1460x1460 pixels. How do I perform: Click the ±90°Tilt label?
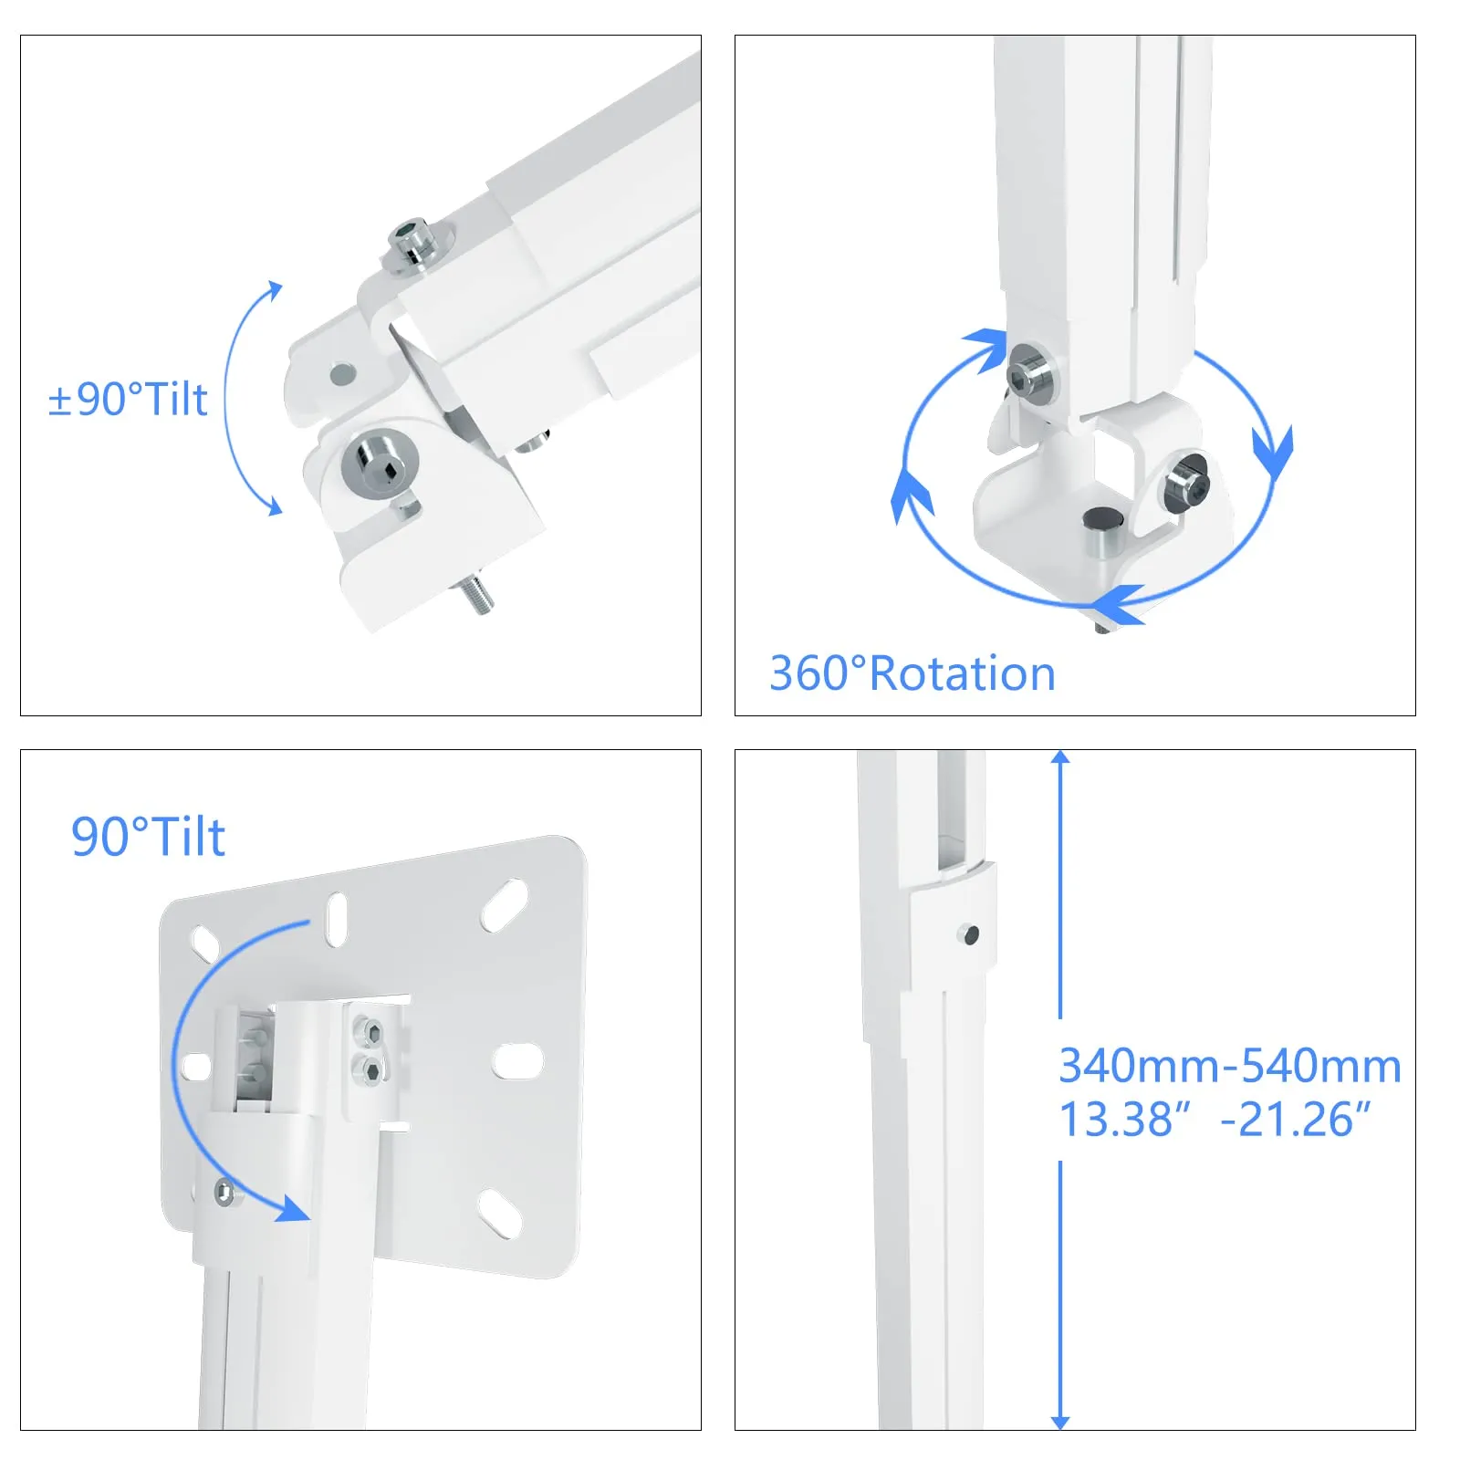pyautogui.click(x=128, y=399)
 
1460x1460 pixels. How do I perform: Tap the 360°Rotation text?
pyautogui.click(x=912, y=673)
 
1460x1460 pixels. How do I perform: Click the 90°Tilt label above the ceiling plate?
pyautogui.click(x=148, y=837)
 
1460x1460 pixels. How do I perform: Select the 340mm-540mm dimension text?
pyautogui.click(x=1230, y=1065)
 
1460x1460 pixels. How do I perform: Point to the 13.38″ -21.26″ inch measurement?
pyautogui.click(x=1215, y=1119)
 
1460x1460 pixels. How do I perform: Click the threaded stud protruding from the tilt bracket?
pyautogui.click(x=476, y=594)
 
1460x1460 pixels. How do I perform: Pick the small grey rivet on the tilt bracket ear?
pyautogui.click(x=342, y=372)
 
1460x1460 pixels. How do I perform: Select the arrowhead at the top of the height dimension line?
pyautogui.click(x=1059, y=757)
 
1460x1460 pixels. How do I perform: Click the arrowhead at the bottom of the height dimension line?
pyautogui.click(x=1059, y=1422)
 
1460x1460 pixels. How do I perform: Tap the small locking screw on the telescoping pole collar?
pyautogui.click(x=970, y=934)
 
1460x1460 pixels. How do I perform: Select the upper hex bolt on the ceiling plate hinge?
pyautogui.click(x=370, y=1032)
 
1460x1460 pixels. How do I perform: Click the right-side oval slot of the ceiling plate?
pyautogui.click(x=517, y=1062)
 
